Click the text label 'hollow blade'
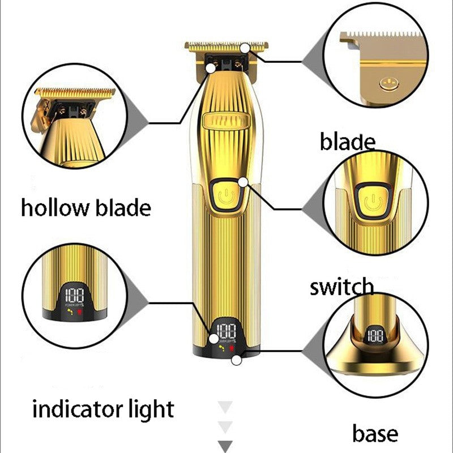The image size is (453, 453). (86, 208)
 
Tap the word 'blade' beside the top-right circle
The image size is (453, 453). (347, 142)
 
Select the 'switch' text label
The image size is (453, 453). (341, 287)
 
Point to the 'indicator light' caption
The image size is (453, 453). (102, 409)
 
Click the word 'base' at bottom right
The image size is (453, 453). (375, 434)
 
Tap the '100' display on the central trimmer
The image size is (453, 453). (226, 331)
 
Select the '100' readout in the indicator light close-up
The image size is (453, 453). (75, 296)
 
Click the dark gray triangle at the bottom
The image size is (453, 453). (226, 446)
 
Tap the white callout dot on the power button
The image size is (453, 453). (243, 182)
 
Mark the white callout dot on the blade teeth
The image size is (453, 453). (245, 48)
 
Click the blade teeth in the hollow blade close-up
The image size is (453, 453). (74, 92)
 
